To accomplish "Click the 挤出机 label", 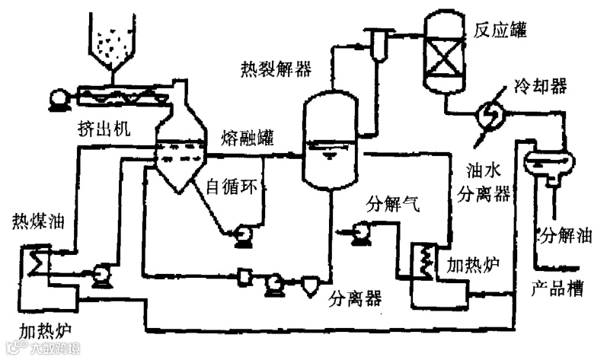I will point(103,128).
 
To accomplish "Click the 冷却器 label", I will point(541,85).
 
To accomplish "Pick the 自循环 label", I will point(233,185).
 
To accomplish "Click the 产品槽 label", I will point(556,288).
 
